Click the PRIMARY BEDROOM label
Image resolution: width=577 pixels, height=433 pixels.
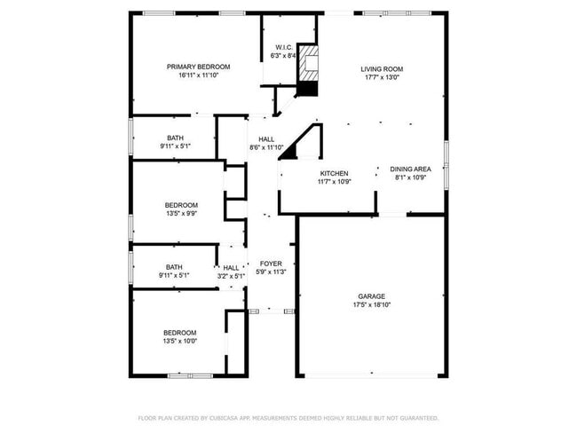tap(199, 67)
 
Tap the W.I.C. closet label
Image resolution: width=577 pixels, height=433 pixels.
tap(283, 47)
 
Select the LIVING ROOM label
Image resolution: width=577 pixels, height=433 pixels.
tap(382, 68)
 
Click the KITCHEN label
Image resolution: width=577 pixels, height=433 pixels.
tap(334, 173)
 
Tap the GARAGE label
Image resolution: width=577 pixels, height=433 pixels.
tap(372, 296)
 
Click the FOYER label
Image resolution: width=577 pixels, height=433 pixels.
tap(271, 264)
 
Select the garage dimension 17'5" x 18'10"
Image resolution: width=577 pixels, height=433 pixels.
tap(372, 305)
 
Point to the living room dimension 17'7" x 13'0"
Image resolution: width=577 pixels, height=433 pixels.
tap(382, 77)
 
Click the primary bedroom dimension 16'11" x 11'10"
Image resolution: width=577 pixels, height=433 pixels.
tap(199, 75)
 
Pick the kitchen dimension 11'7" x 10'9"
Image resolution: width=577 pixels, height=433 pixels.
tap(335, 182)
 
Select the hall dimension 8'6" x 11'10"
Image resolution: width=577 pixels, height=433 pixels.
tap(266, 148)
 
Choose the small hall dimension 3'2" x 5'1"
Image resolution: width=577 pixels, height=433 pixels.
tap(231, 276)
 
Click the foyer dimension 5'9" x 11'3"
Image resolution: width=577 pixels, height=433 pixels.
tap(271, 272)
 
